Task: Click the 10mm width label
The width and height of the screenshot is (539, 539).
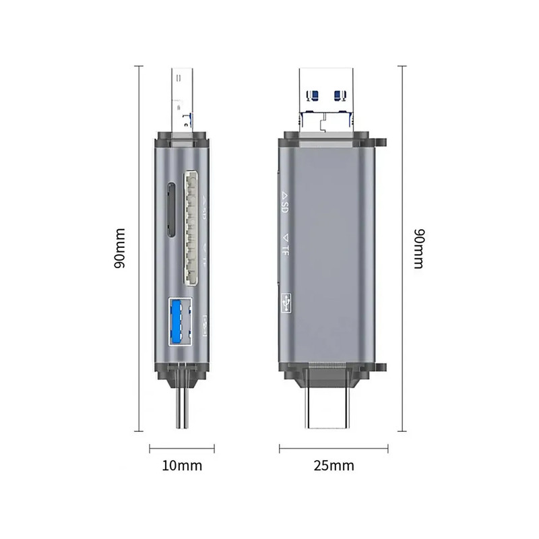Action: [x=182, y=466]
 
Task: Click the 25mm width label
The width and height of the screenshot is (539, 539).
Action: [x=334, y=466]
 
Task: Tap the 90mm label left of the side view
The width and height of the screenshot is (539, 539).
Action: [x=120, y=248]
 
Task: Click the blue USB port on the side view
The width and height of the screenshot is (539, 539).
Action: [x=180, y=321]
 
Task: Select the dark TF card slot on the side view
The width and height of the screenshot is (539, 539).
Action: [x=171, y=210]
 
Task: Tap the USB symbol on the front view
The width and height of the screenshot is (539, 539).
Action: [x=286, y=303]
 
